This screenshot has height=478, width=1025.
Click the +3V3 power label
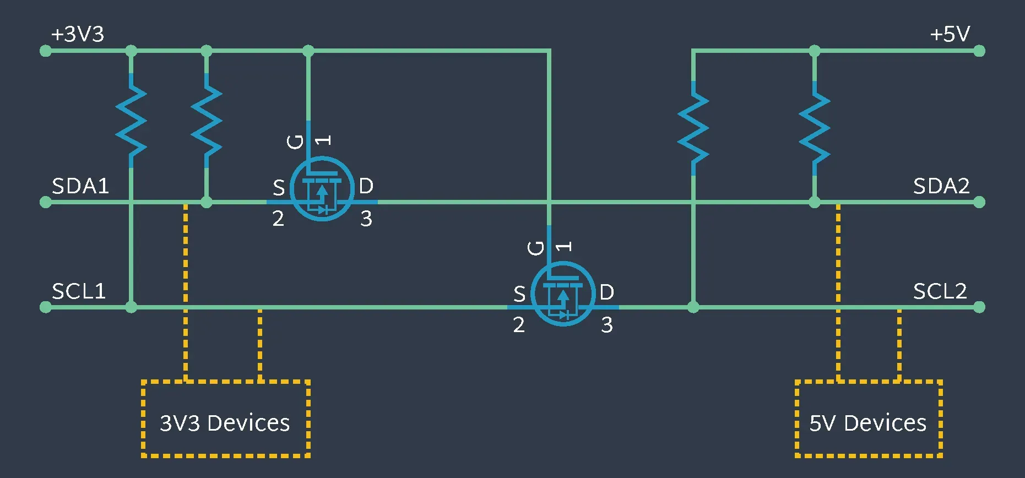(78, 34)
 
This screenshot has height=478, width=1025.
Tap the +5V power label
(950, 34)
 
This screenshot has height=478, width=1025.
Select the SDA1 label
(80, 186)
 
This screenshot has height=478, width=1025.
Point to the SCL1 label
(79, 291)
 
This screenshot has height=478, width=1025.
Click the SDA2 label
(941, 186)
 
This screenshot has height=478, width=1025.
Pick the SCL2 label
(940, 291)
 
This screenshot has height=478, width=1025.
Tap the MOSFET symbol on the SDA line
(322, 189)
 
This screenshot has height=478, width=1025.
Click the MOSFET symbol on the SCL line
(562, 295)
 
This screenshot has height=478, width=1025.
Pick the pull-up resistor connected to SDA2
(814, 128)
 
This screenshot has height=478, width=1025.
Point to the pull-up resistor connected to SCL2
(693, 128)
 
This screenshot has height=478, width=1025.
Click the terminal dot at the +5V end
(979, 51)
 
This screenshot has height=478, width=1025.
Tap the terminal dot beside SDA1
(46, 202)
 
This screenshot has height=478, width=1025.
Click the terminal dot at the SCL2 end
(979, 307)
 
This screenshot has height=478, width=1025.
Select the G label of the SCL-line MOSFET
(536, 248)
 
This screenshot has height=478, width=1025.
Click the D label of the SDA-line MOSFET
(366, 186)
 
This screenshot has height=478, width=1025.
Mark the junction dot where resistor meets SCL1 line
(131, 307)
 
